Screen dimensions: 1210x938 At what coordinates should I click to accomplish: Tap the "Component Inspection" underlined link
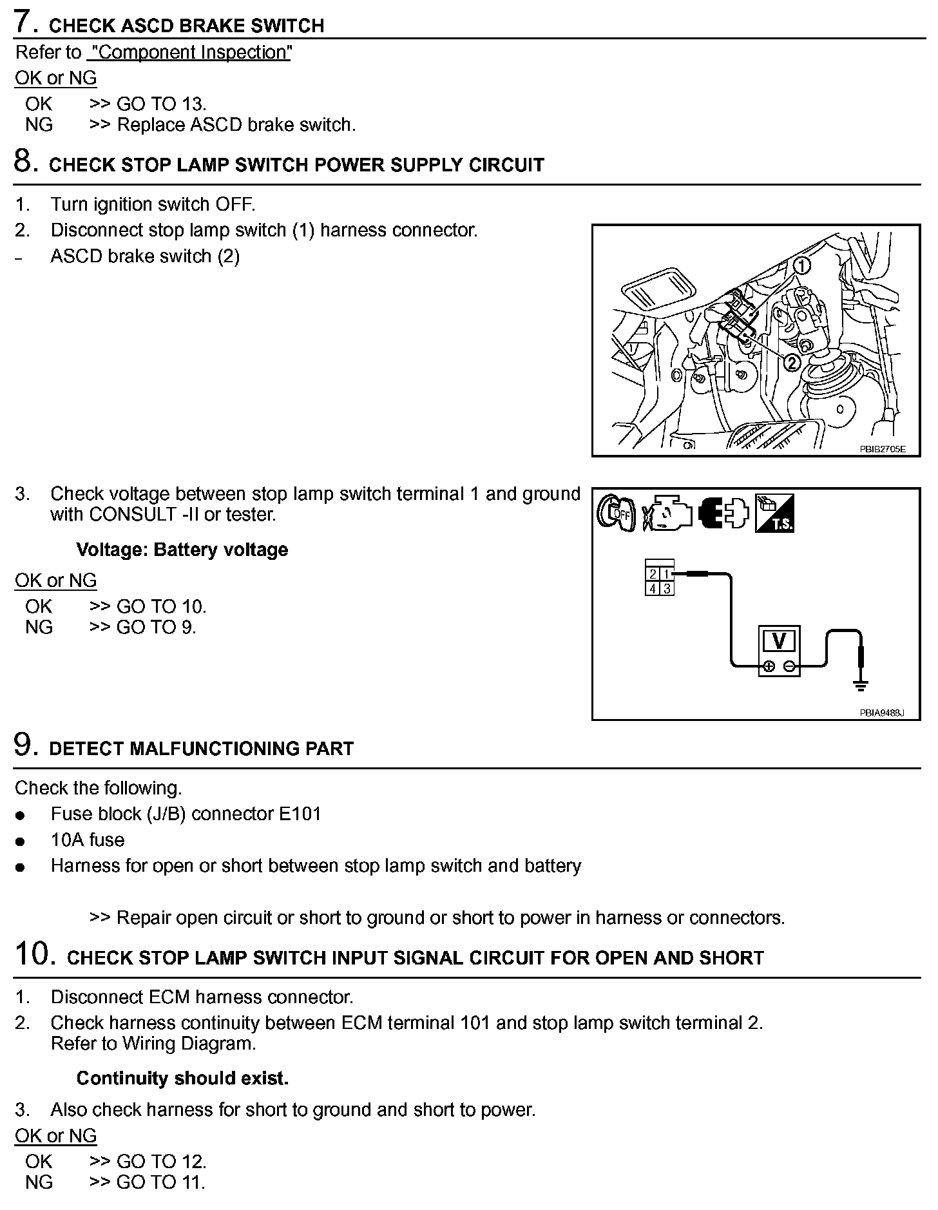coord(189,52)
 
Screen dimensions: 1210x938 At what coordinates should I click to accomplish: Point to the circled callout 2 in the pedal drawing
coord(790,363)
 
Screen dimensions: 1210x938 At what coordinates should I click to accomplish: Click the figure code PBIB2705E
coord(882,449)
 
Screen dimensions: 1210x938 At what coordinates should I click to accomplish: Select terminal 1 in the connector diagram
coord(667,574)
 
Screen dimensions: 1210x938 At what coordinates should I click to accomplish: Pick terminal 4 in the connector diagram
coord(653,588)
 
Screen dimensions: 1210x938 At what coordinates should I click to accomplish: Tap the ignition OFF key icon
coord(616,514)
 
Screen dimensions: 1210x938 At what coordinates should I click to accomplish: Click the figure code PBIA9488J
coord(882,713)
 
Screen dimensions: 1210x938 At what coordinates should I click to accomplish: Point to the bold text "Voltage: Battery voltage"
coord(182,550)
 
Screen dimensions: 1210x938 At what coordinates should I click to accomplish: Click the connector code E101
coord(300,814)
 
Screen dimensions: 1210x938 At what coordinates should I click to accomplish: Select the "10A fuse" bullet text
coord(88,840)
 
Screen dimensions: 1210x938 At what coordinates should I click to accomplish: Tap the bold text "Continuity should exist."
coord(182,1078)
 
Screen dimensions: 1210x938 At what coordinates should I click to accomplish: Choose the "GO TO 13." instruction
coord(161,104)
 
